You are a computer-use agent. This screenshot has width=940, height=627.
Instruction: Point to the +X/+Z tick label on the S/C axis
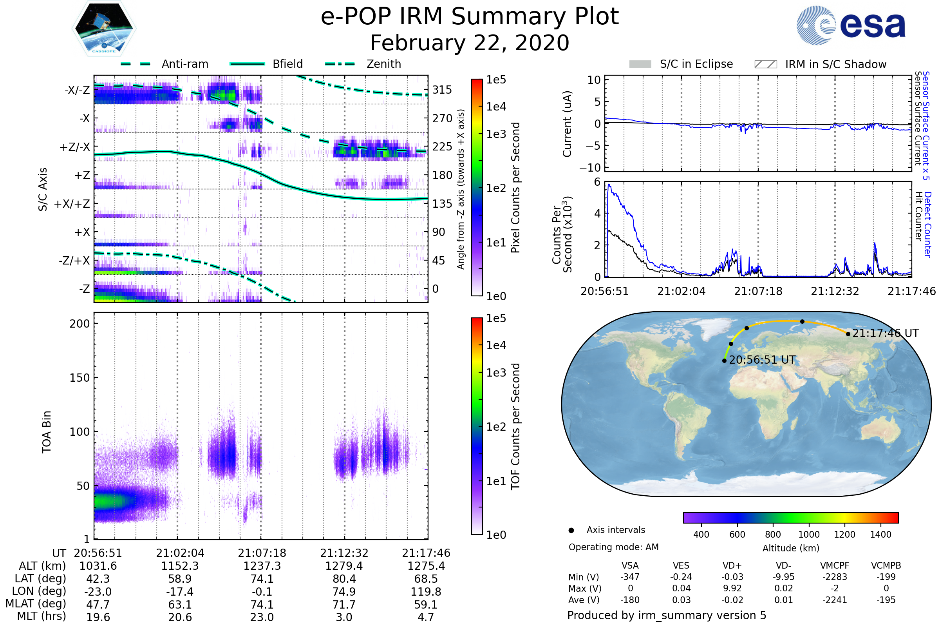pos(72,204)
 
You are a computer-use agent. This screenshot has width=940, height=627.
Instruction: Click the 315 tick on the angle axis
pos(442,90)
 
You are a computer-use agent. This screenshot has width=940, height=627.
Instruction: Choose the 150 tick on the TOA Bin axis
pos(80,378)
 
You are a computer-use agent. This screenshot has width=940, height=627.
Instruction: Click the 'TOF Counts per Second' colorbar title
pos(515,426)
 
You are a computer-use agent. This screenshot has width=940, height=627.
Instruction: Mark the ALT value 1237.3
pos(262,566)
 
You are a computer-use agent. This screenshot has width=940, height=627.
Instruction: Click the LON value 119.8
pos(426,592)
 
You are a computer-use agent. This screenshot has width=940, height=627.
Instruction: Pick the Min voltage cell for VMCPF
pos(835,577)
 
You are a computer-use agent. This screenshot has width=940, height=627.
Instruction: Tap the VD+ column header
pos(732,566)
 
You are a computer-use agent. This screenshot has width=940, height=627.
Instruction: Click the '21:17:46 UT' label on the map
pos(886,333)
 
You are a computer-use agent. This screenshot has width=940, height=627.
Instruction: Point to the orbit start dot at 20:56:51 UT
pos(725,361)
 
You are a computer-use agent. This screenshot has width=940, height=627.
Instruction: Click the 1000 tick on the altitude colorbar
pos(809,535)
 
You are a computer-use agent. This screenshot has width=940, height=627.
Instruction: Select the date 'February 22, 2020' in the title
pos(470,43)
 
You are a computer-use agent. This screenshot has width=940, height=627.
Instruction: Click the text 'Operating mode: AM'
pos(613,547)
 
